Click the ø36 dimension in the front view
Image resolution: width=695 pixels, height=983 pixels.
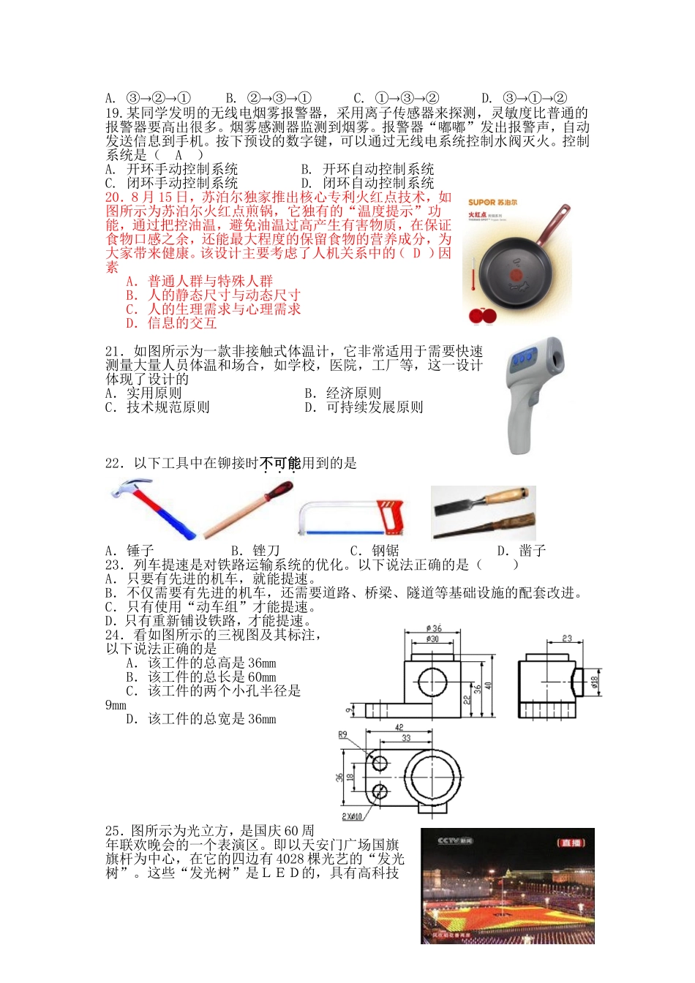point(434,628)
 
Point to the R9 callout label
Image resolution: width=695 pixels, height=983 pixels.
point(342,734)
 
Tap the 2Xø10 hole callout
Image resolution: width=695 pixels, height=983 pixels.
point(352,816)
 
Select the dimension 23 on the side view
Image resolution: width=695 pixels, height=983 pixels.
point(567,639)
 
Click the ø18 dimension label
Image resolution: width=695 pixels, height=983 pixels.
point(595,682)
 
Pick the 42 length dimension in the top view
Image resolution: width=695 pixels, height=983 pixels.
point(399,728)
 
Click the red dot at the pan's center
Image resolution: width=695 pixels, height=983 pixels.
point(516,275)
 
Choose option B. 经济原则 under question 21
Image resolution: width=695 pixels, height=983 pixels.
point(343,393)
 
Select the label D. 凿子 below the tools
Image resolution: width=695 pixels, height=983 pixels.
point(521,551)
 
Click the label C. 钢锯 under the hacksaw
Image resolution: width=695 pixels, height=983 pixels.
point(375,551)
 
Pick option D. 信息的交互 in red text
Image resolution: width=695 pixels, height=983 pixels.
point(171,323)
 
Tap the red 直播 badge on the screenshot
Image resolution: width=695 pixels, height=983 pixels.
point(571,843)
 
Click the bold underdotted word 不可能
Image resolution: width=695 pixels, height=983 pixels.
point(280,463)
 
